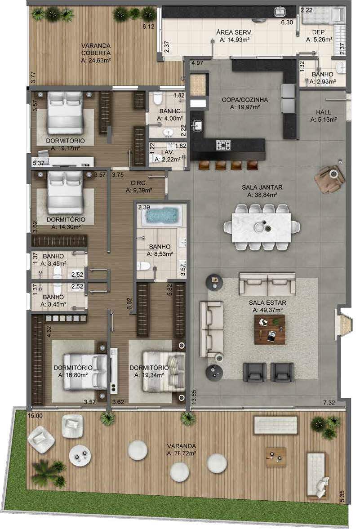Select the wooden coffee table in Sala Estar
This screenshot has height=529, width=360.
click(x=269, y=329)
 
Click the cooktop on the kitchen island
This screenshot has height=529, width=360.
click(x=224, y=146)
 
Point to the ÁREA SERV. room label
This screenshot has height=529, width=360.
click(x=234, y=33)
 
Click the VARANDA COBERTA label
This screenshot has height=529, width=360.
click(x=96, y=49)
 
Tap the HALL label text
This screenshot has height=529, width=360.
click(x=323, y=112)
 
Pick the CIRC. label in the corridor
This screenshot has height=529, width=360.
click(x=138, y=183)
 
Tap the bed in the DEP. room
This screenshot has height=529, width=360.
click(x=323, y=16)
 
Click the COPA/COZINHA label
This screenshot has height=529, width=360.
click(x=244, y=100)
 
